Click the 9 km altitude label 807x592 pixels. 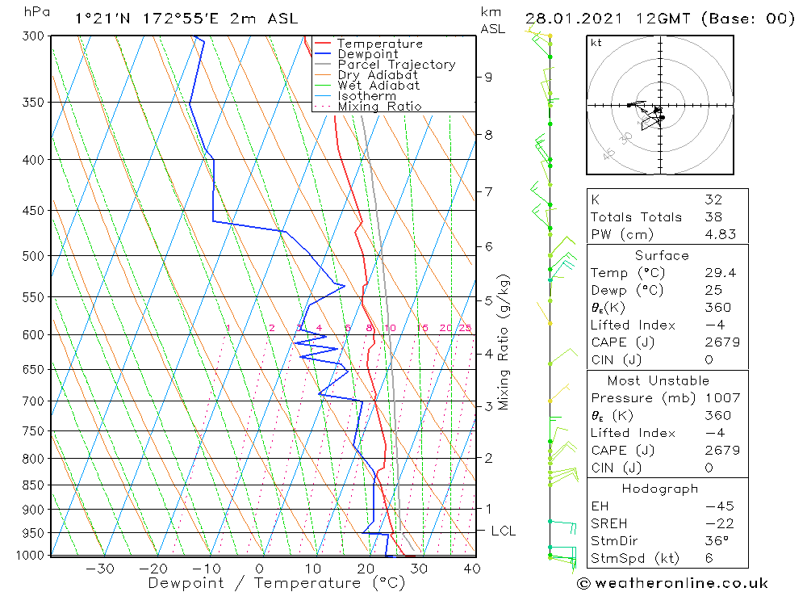(x=488, y=77)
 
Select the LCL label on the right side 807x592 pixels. (x=503, y=531)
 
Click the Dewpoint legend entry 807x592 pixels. (x=368, y=54)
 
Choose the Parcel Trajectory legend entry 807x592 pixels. (x=396, y=65)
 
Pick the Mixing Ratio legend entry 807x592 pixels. (x=379, y=107)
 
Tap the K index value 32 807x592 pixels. (x=713, y=199)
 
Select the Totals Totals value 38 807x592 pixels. (x=713, y=217)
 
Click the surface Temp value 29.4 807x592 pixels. (x=719, y=273)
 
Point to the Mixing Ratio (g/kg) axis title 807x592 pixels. (x=504, y=341)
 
